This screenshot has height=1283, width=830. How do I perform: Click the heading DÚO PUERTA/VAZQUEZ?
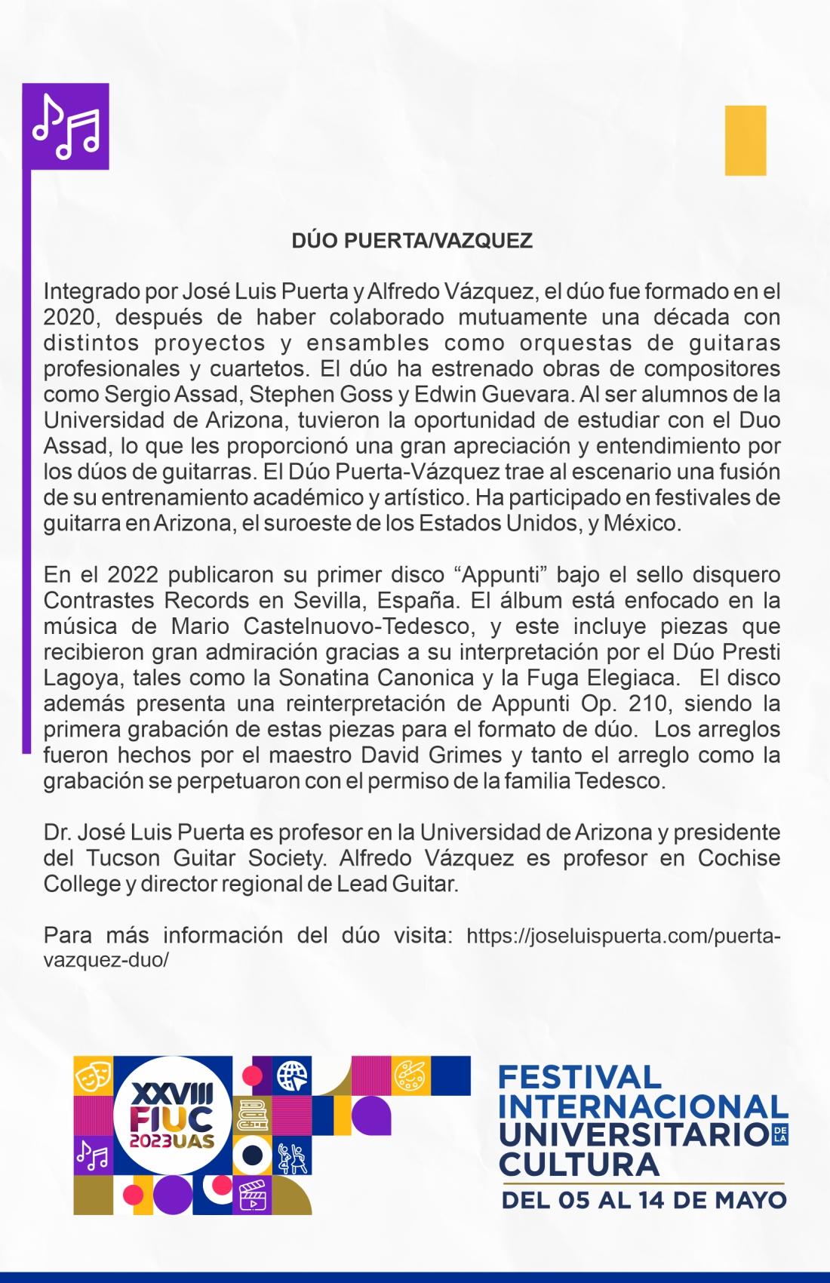coord(412,241)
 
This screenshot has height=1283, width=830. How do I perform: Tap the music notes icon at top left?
coord(66,126)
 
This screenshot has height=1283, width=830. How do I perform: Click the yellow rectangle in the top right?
coord(745,140)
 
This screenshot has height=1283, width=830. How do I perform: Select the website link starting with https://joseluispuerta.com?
coord(623,937)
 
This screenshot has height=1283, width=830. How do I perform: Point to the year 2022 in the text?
coord(132,575)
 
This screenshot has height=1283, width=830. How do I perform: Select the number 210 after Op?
coord(650,703)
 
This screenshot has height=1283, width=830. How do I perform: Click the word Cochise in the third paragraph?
coord(739,858)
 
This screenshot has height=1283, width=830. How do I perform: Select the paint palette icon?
coord(411,1074)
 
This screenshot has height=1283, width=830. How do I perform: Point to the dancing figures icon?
coord(293,1157)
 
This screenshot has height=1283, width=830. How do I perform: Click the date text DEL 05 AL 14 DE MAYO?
coord(644,1199)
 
